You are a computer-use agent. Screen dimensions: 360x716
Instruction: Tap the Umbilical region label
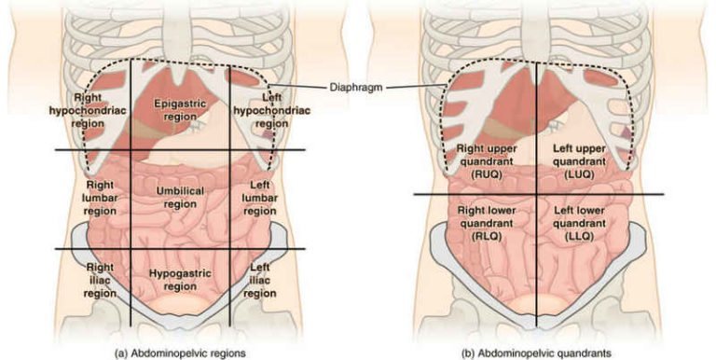pos(179,197)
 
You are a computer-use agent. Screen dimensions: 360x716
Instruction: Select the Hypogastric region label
pos(179,279)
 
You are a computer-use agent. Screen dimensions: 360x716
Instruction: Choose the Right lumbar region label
pos(99,197)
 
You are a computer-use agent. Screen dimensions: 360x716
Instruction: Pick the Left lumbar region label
pos(259,197)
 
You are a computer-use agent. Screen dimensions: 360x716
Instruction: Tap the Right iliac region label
pos(99,280)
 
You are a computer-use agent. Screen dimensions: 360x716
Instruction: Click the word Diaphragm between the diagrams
pos(355,89)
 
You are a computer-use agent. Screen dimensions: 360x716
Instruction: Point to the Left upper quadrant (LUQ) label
pos(582,160)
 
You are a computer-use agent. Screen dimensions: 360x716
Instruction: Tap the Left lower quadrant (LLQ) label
pos(581,224)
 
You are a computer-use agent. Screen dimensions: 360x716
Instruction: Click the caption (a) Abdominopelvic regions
pos(179,353)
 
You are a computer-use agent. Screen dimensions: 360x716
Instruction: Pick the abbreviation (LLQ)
pos(581,237)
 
